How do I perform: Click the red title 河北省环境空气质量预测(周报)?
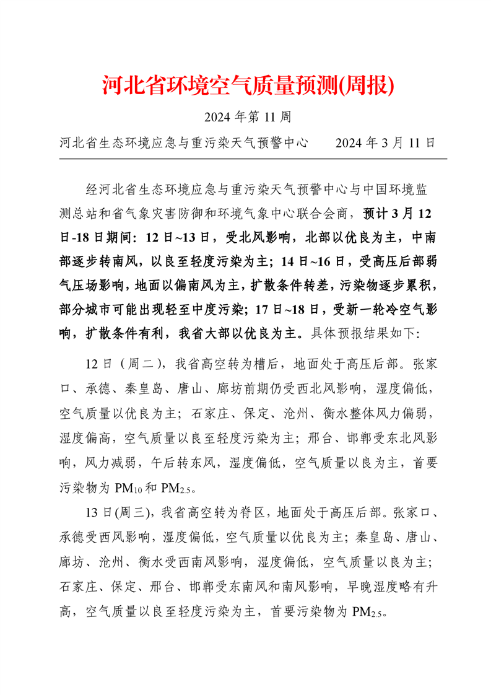(248, 86)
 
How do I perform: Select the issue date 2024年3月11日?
(385, 143)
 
